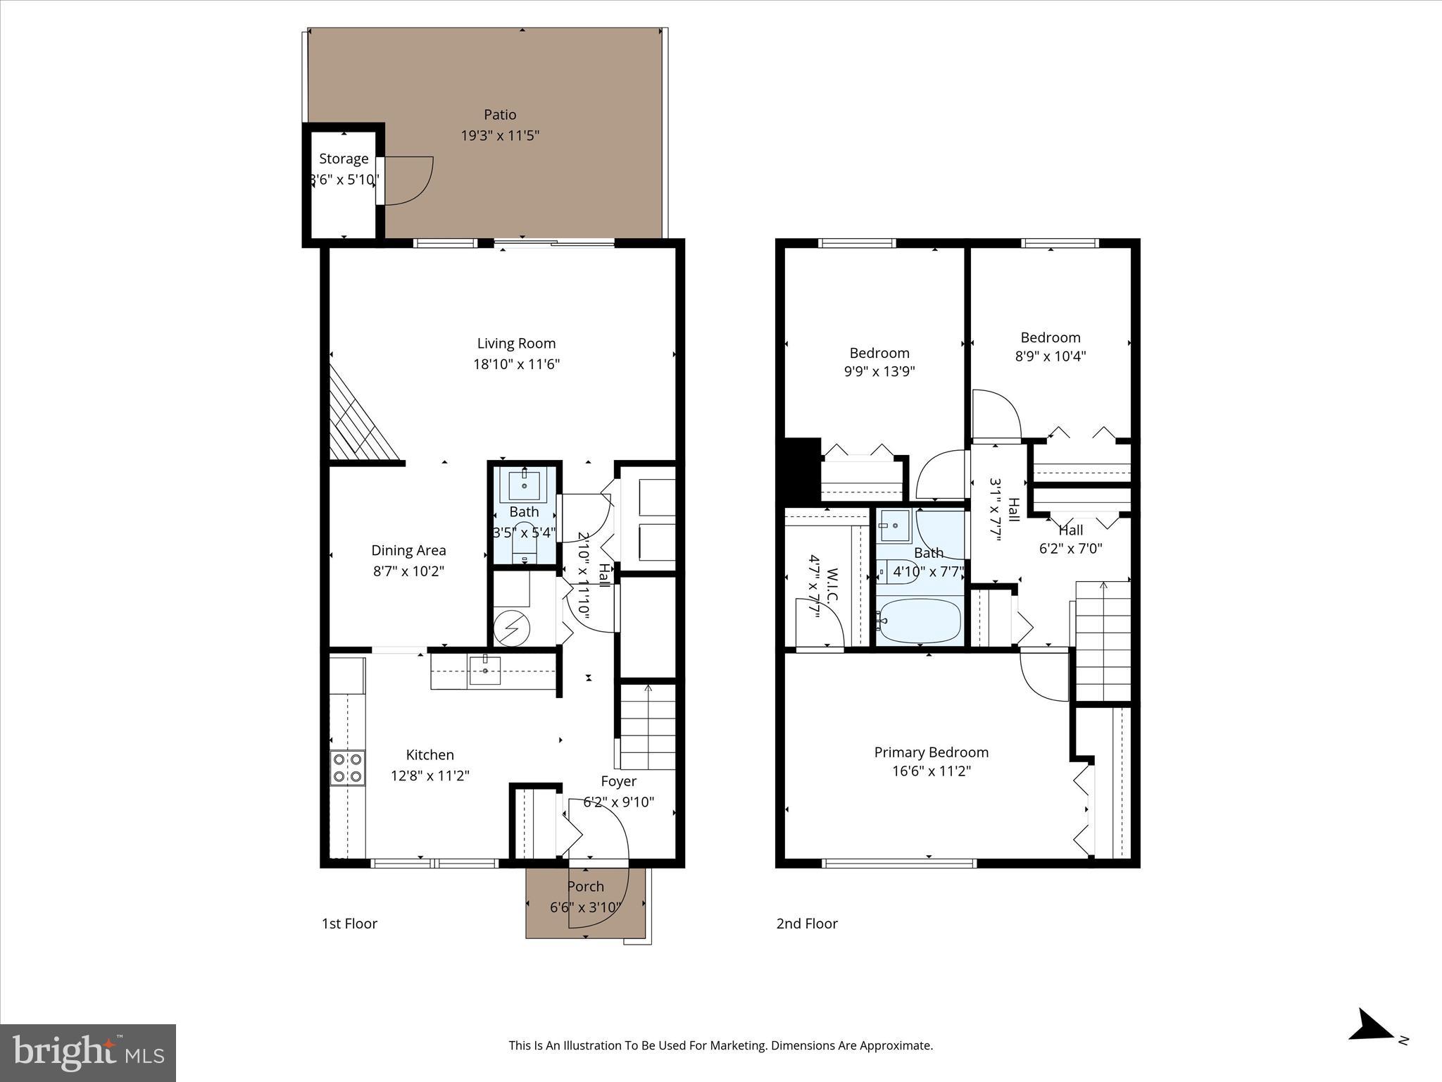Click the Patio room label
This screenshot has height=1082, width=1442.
[500, 115]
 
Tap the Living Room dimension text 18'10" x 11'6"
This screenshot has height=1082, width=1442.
[516, 364]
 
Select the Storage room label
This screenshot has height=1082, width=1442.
[344, 159]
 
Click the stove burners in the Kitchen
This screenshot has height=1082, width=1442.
[348, 768]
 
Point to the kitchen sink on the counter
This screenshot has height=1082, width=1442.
[485, 670]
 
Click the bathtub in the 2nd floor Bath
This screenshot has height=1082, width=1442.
[920, 621]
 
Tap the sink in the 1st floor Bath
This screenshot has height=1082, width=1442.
[525, 485]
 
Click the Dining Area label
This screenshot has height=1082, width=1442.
[408, 550]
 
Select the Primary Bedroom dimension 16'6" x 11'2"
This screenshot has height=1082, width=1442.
[931, 771]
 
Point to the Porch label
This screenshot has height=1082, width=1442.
[586, 886]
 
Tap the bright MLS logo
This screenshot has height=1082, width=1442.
[88, 1052]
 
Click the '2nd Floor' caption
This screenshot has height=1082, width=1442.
[807, 924]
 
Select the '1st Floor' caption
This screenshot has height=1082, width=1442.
[349, 924]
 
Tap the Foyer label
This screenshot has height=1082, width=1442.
[618, 781]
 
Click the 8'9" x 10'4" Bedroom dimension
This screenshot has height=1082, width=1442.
[1050, 356]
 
